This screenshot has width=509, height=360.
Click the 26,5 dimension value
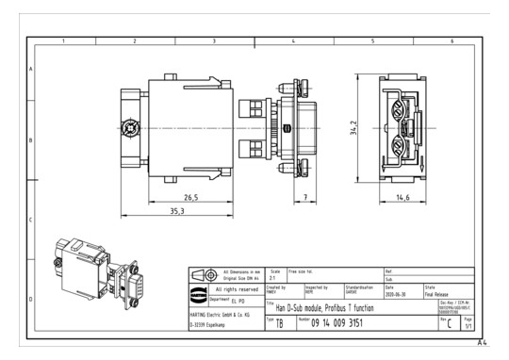point(191,198)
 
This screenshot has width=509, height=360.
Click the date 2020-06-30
point(399,293)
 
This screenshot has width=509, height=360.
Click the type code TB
point(279,323)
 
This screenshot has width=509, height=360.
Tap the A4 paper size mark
point(482,342)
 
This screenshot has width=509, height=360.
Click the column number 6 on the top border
point(451,41)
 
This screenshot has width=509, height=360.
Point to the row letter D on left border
point(32,298)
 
